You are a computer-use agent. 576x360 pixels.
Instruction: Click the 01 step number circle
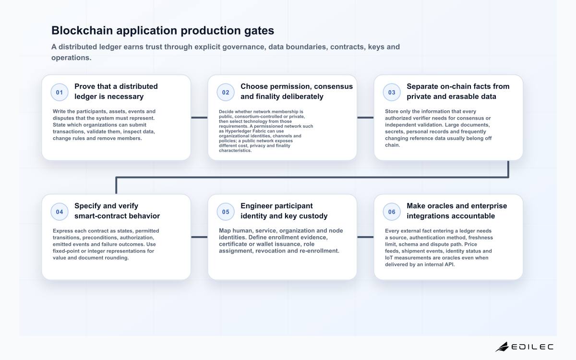[60, 92]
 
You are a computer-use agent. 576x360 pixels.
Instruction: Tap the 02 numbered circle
[226, 92]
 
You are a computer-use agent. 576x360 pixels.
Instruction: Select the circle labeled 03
[392, 92]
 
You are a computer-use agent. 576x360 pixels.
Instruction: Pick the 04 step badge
[60, 212]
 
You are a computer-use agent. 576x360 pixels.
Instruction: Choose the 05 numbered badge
[226, 212]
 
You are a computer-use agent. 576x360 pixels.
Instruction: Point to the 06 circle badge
[392, 212]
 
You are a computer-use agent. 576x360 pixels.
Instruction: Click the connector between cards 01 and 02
[199, 118]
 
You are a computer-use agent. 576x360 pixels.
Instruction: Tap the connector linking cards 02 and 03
[365, 118]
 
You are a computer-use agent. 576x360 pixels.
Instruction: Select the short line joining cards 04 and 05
[199, 237]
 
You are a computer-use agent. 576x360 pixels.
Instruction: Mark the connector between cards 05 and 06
[365, 237]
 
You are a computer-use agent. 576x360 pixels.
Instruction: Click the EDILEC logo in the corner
[525, 347]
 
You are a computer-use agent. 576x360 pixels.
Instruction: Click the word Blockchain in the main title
[82, 30]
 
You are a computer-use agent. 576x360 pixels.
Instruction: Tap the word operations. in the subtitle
[71, 58]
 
